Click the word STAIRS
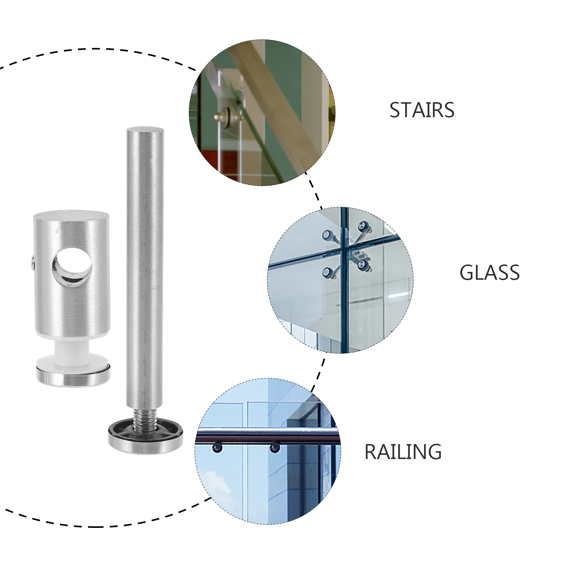pyautogui.click(x=422, y=110)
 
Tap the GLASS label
pyautogui.click(x=490, y=273)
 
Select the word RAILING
pyautogui.click(x=403, y=452)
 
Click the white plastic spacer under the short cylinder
pyautogui.click(x=73, y=352)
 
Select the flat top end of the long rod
pyautogui.click(x=145, y=130)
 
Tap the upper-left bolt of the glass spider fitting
pyautogui.click(x=328, y=235)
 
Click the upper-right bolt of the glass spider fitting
pyautogui.click(x=364, y=226)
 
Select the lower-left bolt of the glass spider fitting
pyautogui.click(x=328, y=273)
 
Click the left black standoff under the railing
pyautogui.click(x=217, y=447)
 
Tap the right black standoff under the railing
pyautogui.click(x=274, y=447)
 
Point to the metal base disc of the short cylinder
pyautogui.click(x=73, y=376)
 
